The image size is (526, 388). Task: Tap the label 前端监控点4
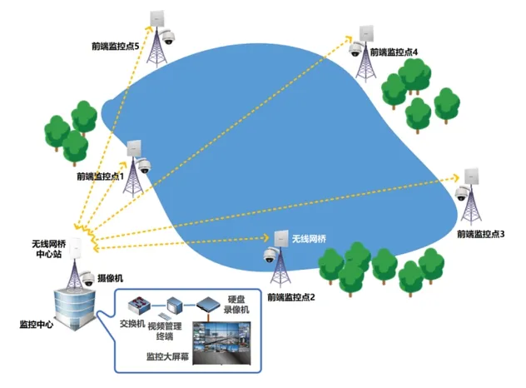point(394,52)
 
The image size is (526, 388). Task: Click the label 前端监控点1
point(99,177)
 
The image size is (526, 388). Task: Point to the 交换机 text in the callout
point(131,322)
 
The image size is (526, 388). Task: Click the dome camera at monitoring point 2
point(271,256)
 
